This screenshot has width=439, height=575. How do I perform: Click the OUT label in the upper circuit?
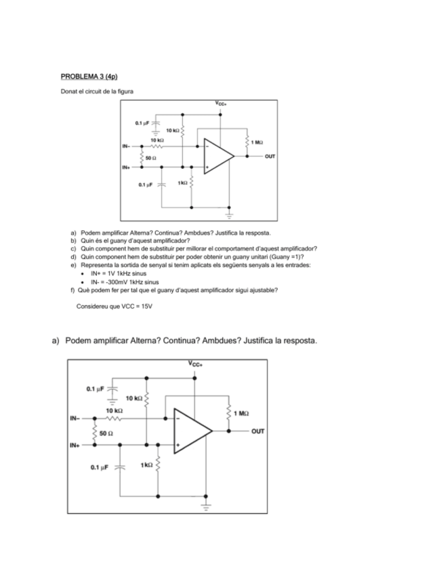click(270, 156)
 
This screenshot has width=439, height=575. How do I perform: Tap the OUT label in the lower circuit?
click(259, 431)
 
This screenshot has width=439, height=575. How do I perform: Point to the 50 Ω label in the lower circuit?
click(106, 432)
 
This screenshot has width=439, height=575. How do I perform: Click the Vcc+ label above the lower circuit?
click(196, 364)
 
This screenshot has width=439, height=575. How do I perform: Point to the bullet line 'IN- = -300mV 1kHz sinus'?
click(125, 281)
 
